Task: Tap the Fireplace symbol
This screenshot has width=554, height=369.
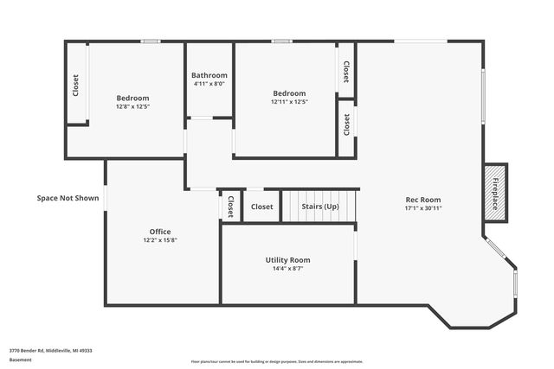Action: click(x=496, y=194)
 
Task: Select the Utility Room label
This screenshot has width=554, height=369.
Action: click(x=287, y=260)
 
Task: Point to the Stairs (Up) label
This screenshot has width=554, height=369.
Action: click(x=319, y=207)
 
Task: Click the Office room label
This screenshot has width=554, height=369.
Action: click(x=160, y=232)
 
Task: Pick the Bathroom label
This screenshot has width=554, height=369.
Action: click(x=209, y=75)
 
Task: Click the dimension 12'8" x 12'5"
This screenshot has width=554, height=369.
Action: click(x=133, y=107)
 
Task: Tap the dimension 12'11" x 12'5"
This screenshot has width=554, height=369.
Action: click(x=289, y=102)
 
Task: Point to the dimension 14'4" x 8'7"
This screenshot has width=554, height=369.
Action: click(x=287, y=269)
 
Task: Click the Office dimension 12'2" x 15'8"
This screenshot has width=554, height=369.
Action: click(x=160, y=240)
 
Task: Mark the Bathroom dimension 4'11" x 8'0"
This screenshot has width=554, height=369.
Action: click(x=209, y=84)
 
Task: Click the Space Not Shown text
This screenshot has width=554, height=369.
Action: click(x=68, y=198)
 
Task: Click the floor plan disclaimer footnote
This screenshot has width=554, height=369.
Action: click(x=277, y=361)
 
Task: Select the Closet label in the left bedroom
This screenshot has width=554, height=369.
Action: click(x=76, y=85)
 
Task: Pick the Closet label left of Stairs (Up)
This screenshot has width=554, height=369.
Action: click(x=262, y=207)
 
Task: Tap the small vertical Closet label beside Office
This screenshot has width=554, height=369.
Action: click(x=231, y=207)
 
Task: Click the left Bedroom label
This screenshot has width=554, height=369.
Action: click(x=133, y=99)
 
